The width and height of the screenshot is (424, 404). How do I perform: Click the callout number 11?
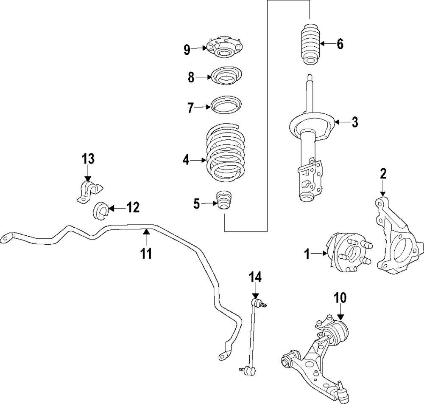coord(146,254)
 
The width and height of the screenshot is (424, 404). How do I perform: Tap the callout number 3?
coord(354,122)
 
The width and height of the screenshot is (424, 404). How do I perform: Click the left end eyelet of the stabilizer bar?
coord(7,238)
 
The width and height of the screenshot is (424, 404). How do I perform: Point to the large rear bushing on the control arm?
coord(339,331)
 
